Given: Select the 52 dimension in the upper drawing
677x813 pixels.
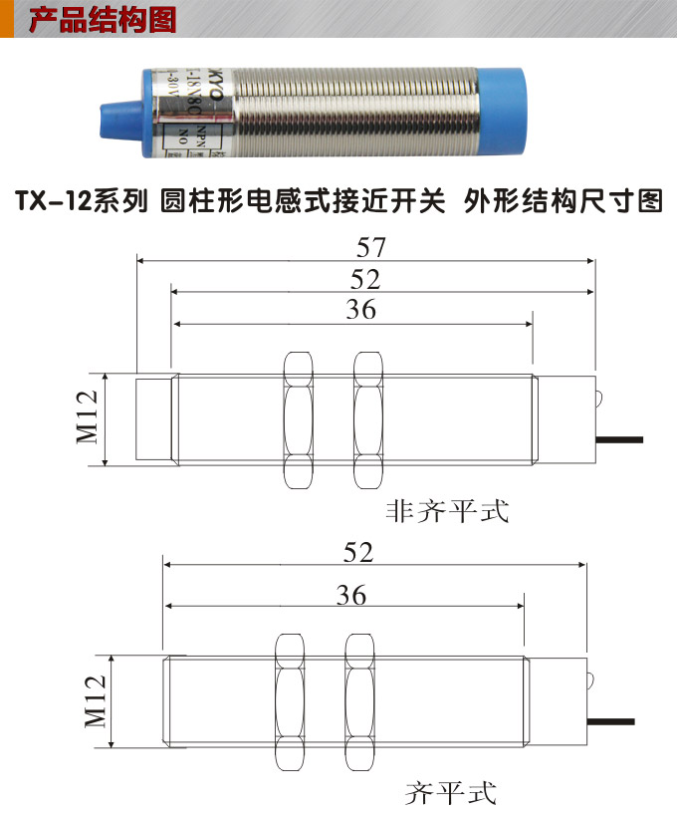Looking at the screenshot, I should point(365,278).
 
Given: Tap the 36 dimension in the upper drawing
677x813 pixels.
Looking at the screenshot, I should point(360,310).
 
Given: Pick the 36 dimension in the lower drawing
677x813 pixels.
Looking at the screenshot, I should point(350,595).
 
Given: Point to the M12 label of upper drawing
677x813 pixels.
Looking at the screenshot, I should point(88,418).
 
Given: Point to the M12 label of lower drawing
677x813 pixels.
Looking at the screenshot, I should point(95,701).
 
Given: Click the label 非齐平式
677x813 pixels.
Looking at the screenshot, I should point(447,512).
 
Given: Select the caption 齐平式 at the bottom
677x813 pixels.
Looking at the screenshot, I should point(450,794).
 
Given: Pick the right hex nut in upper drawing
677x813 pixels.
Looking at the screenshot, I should point(367,419).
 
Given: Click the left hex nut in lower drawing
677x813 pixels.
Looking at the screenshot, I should point(291,701).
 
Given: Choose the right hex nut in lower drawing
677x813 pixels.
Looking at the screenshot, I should point(359,701).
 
